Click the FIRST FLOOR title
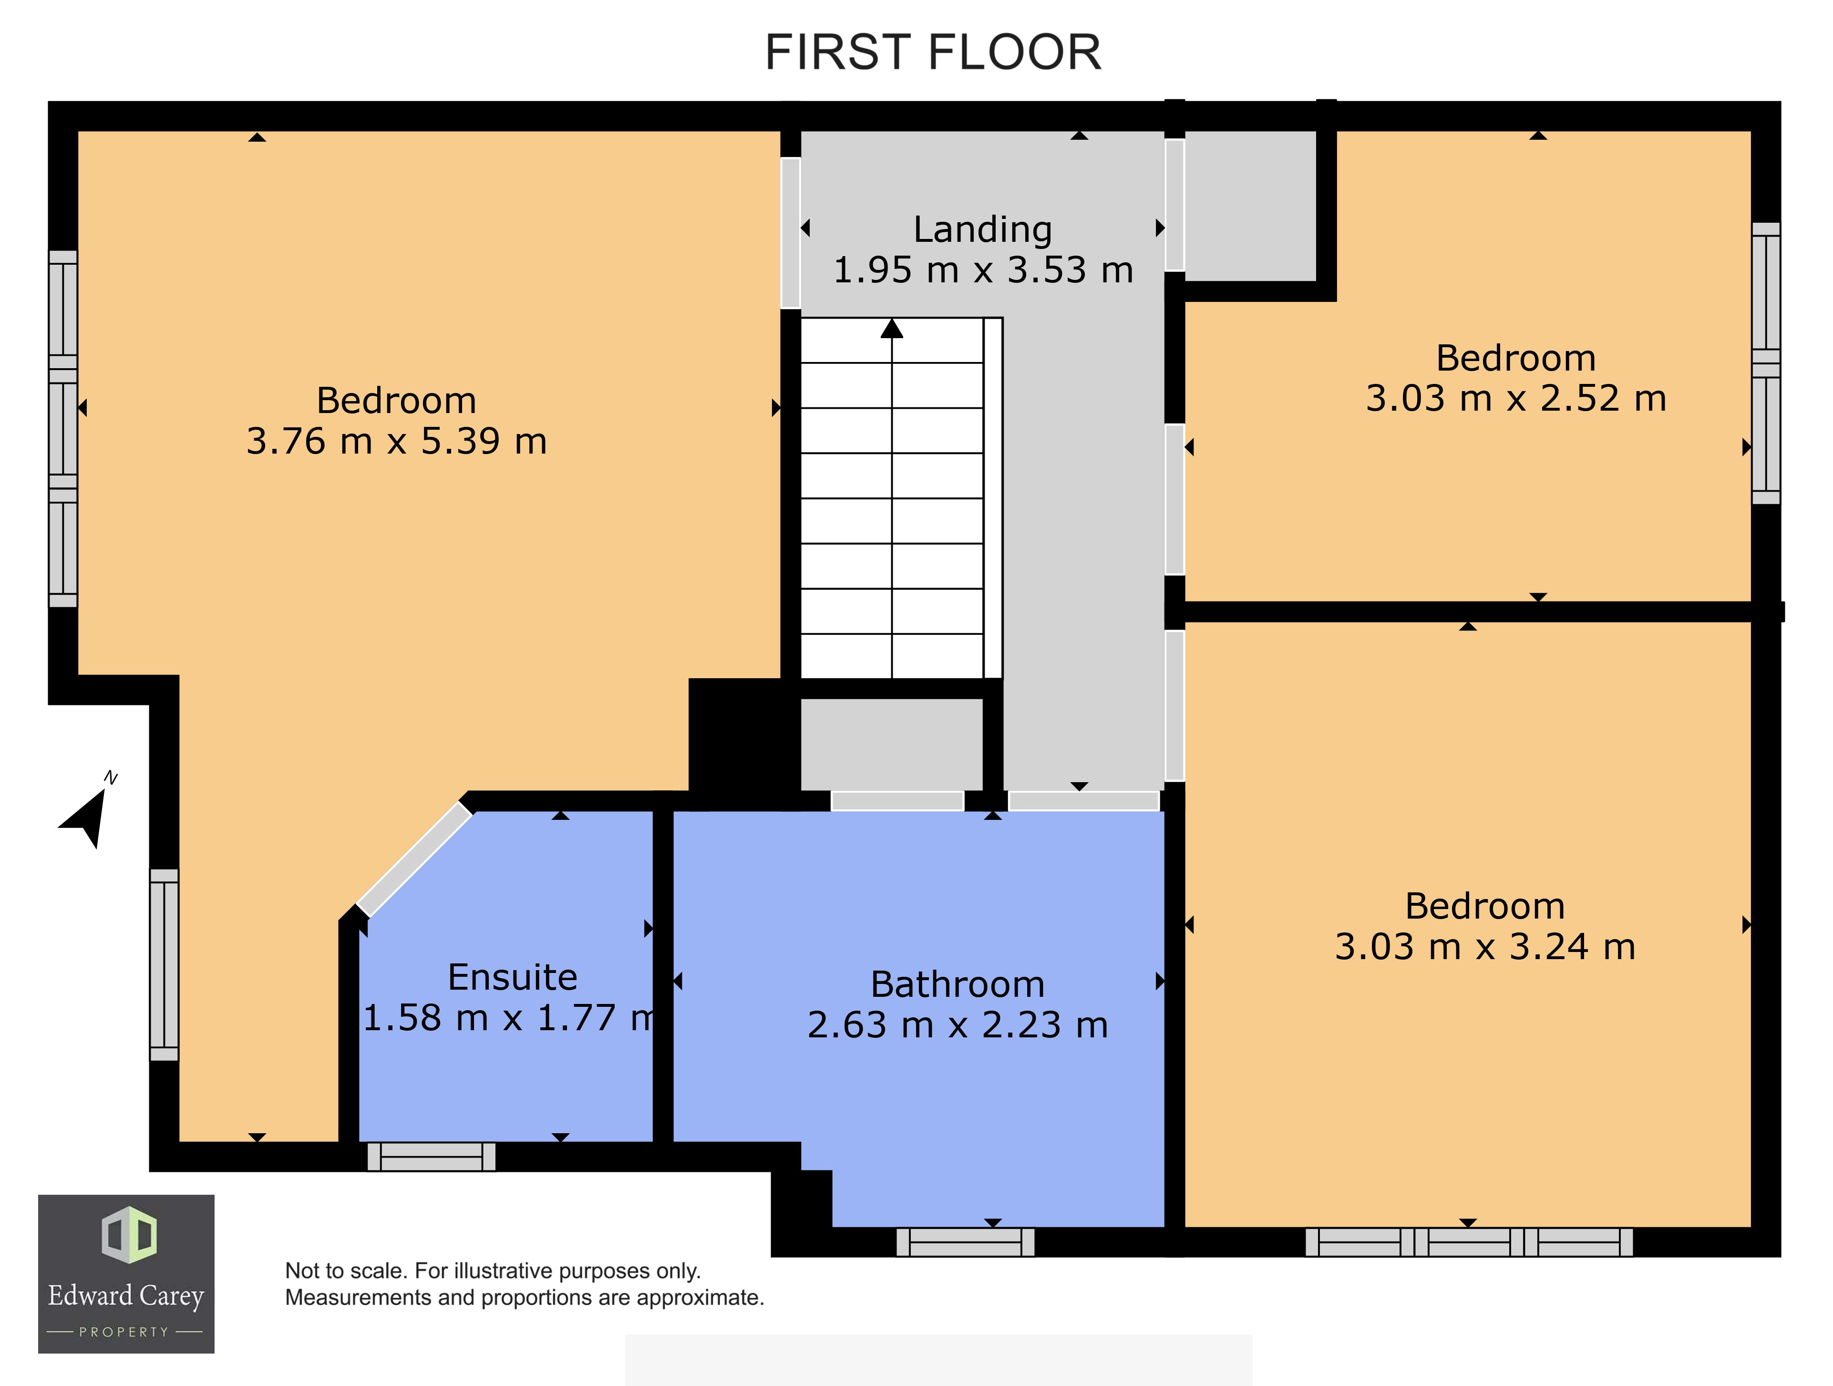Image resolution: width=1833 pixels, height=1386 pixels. [933, 52]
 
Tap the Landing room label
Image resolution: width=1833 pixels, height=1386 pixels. [983, 229]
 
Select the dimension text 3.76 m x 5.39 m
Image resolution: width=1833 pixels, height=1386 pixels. [397, 441]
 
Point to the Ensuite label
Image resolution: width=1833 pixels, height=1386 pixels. [512, 977]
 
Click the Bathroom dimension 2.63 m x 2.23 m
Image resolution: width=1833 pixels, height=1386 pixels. [958, 1025]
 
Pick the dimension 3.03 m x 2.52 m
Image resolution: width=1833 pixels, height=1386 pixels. [1515, 399]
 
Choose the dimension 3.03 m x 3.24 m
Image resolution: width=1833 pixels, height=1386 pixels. [1485, 947]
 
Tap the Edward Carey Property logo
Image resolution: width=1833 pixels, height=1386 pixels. [126, 1273]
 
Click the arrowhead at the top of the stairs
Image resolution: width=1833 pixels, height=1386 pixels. [892, 329]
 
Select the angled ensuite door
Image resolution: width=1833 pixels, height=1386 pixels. [414, 859]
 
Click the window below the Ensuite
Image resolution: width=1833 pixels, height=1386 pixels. [431, 1157]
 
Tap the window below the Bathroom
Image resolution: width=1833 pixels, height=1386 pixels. [966, 1242]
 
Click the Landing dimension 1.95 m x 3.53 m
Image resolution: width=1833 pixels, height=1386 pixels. [983, 270]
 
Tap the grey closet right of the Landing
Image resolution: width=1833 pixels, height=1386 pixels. [1250, 206]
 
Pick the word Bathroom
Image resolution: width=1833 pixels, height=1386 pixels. [958, 985]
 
